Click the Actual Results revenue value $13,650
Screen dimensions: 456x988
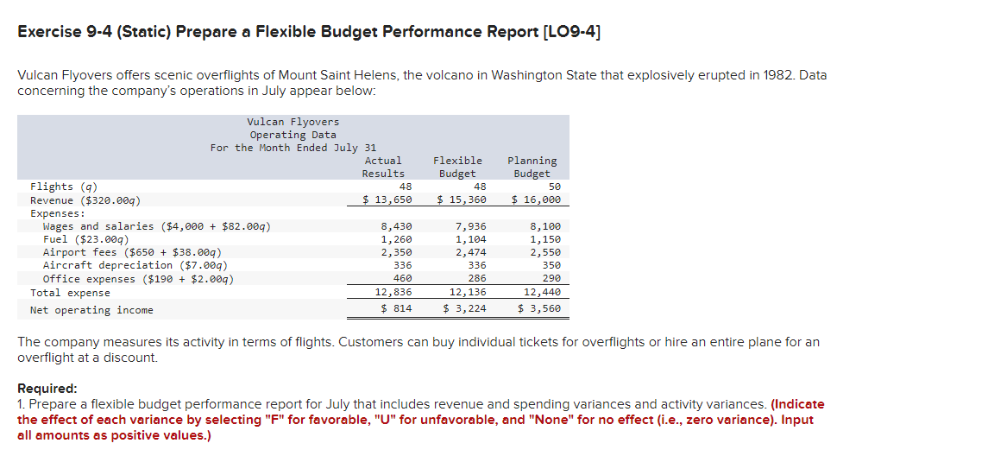pos(387,199)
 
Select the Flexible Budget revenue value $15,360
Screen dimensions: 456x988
pos(462,199)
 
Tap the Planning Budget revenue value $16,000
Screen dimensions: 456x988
pos(536,199)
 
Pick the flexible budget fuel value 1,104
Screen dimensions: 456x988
pos(470,239)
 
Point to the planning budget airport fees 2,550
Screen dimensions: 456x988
pos(544,252)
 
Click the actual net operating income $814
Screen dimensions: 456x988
pos(396,309)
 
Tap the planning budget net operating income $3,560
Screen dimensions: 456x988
pos(539,309)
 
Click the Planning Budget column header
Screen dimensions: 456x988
pos(532,167)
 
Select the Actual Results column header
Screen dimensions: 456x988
pos(383,167)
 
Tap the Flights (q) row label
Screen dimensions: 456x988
pos(64,187)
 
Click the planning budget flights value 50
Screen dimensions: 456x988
pos(554,187)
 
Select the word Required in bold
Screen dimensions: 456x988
pos(47,389)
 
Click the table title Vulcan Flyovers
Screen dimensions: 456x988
pos(293,122)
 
